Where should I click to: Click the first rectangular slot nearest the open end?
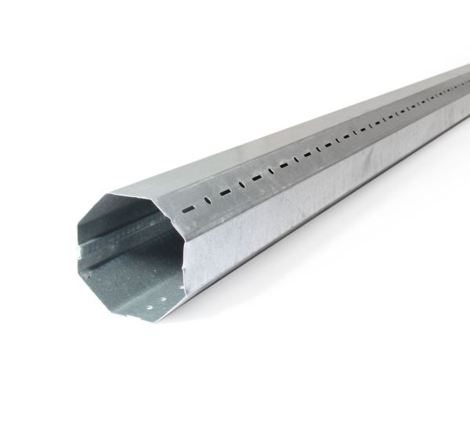tap(188, 210)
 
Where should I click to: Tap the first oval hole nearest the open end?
tap(208, 200)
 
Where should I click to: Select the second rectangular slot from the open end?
tap(225, 192)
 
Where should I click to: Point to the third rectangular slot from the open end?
tap(256, 177)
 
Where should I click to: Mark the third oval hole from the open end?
tap(271, 170)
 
